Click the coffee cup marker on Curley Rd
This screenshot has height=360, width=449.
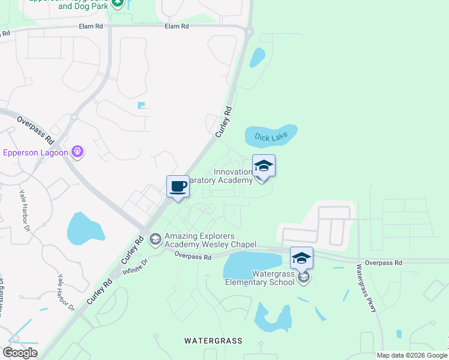[178, 187]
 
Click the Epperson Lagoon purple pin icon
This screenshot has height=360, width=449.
[77, 152]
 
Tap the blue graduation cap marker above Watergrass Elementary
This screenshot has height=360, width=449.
[301, 258]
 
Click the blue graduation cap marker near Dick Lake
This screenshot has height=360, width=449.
[264, 166]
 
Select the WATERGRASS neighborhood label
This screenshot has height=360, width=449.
[213, 341]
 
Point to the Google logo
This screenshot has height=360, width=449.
[20, 353]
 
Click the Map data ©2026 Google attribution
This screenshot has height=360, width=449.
[412, 355]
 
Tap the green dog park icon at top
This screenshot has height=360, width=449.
[118, 3]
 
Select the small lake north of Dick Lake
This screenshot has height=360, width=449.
[258, 57]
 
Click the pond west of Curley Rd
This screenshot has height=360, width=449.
[86, 229]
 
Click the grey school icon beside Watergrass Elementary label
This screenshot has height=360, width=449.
[304, 277]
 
